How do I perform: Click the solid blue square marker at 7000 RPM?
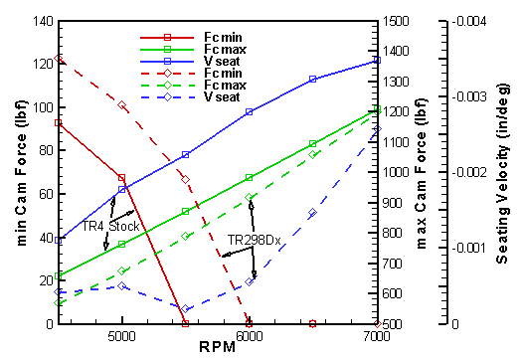click(377, 61)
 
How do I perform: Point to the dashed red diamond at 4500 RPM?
click(59, 59)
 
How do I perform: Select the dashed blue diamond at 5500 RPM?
click(185, 309)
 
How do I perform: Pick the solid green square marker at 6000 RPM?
click(250, 178)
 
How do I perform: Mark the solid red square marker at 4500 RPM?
click(59, 123)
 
